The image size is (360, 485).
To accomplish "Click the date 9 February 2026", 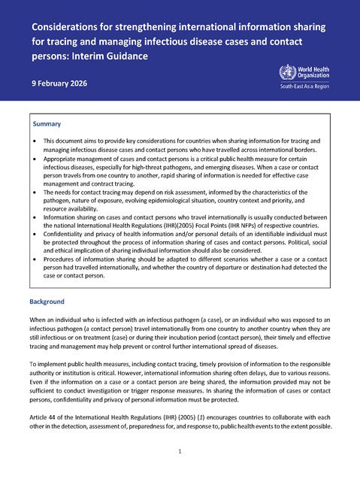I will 59,83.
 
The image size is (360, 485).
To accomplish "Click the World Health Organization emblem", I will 286,73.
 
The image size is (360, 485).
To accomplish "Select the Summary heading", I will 47,124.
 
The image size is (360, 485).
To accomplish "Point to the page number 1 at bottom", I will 180,451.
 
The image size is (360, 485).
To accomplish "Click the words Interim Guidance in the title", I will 113,56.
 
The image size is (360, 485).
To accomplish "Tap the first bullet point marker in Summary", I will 35,141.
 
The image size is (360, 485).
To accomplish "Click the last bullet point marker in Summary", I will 35,258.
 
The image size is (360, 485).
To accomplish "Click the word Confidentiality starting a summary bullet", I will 68,235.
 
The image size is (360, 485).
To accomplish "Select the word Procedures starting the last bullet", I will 62,258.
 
